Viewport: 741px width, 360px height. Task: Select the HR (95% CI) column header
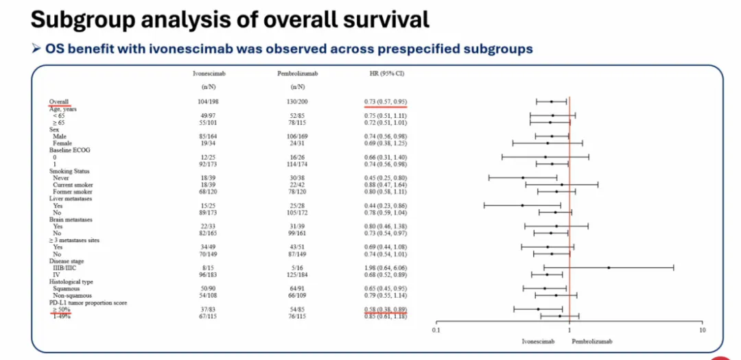click(x=386, y=73)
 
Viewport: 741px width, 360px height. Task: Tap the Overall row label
click(x=59, y=102)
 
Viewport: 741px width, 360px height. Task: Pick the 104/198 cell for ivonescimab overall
click(x=208, y=102)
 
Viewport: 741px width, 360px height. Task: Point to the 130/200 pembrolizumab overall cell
click(x=297, y=102)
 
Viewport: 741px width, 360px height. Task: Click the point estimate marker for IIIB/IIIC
click(x=609, y=268)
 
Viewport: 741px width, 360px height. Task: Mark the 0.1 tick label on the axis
click(x=436, y=331)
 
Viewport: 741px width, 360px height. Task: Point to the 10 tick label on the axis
click(x=703, y=331)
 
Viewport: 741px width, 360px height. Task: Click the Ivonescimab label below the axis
click(x=539, y=341)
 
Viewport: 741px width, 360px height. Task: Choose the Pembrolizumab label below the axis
click(x=591, y=341)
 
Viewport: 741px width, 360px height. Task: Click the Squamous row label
click(x=67, y=289)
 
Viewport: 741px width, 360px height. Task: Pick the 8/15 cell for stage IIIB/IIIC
click(x=208, y=268)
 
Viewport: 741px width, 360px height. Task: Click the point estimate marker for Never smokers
click(x=523, y=178)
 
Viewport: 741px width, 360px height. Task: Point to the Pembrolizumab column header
click(x=297, y=73)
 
